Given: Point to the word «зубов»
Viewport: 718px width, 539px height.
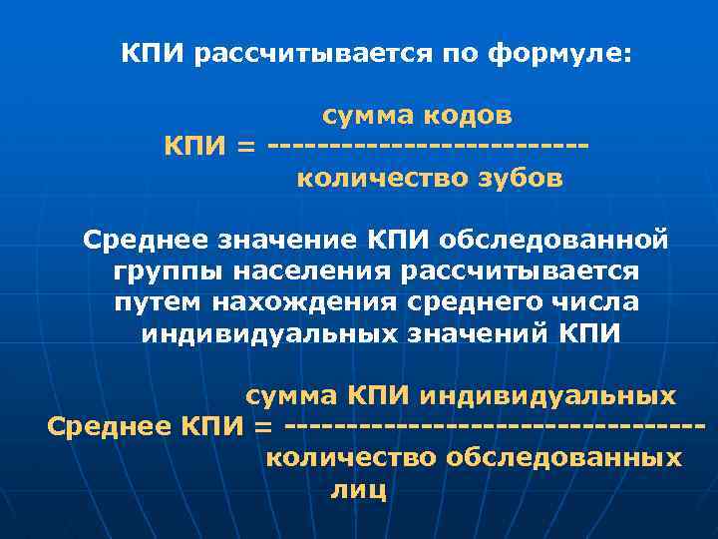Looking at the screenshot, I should click(x=519, y=180).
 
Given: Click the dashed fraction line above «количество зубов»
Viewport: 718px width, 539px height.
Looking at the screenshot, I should click(x=429, y=149).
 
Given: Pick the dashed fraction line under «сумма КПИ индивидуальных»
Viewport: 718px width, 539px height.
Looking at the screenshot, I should click(x=495, y=427).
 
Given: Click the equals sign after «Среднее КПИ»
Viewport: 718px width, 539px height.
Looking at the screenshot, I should click(x=263, y=427).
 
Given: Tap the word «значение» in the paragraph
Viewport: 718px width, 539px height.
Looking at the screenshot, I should click(x=262, y=240).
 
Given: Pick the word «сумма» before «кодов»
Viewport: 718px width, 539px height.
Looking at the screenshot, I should click(x=365, y=116).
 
